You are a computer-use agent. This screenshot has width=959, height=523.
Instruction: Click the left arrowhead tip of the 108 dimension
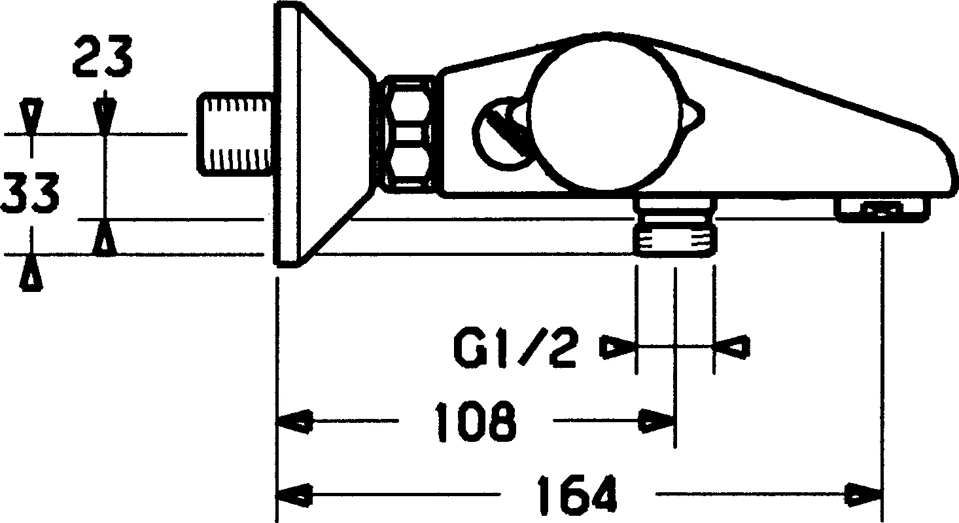click(x=278, y=422)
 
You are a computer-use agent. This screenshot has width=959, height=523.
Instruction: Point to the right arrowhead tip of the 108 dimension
click(x=674, y=422)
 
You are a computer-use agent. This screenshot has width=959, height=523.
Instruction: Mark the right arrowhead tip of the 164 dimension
click(x=882, y=496)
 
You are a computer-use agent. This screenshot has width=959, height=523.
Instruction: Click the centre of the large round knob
click(x=604, y=117)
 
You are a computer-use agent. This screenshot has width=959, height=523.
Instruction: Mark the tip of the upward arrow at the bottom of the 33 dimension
click(x=31, y=256)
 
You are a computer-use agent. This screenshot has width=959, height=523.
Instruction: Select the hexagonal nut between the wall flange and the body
click(x=407, y=137)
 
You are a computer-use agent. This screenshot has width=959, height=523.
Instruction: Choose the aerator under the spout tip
click(x=883, y=211)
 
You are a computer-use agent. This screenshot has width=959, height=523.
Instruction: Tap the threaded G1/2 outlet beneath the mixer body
click(x=674, y=228)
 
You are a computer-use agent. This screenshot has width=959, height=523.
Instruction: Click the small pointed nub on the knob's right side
click(x=693, y=115)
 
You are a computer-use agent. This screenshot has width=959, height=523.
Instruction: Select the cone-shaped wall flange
click(x=323, y=134)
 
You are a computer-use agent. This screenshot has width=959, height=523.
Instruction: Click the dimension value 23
click(x=102, y=57)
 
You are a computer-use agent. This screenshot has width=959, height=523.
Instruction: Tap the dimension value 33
click(x=30, y=192)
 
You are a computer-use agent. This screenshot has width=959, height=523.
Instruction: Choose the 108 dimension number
click(x=475, y=422)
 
